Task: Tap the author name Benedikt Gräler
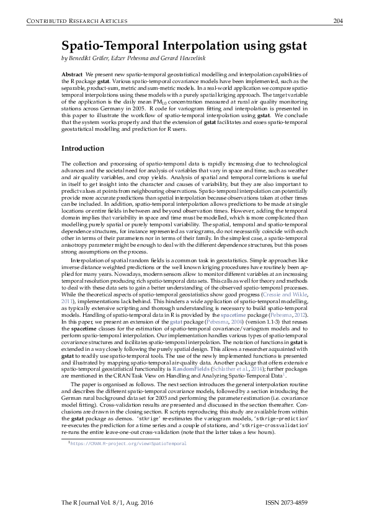92,58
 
